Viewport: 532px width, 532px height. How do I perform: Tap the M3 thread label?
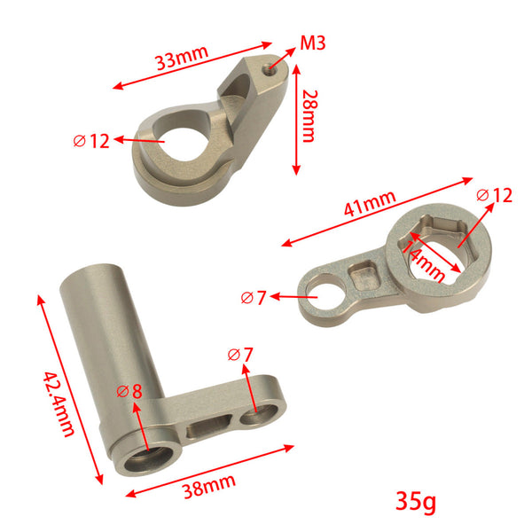313,42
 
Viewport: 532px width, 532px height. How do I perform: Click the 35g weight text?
415,502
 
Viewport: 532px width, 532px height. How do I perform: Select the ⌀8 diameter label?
129,393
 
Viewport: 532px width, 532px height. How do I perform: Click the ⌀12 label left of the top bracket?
91,140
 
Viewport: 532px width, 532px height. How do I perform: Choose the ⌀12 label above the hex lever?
494,195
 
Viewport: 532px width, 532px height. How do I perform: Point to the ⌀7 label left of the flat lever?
253,298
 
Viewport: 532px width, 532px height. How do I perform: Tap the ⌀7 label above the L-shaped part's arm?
240,354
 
